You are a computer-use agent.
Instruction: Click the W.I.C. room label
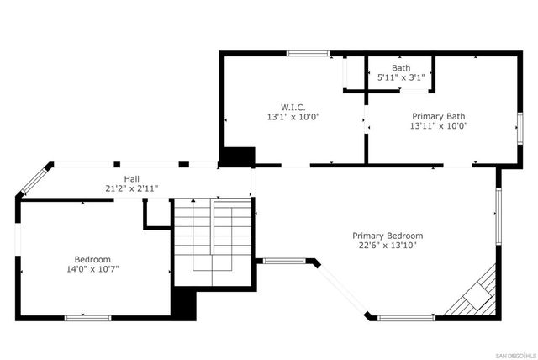(x=293, y=107)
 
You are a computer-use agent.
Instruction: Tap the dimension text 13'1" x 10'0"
(x=293, y=117)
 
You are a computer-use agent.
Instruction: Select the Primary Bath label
(x=438, y=116)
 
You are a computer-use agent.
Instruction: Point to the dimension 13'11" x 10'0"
(x=438, y=126)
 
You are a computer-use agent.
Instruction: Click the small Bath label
(x=401, y=67)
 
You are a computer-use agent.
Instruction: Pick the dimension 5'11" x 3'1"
(x=401, y=77)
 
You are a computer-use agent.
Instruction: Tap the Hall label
(x=132, y=178)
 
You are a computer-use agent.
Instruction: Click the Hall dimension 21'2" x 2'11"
(x=132, y=188)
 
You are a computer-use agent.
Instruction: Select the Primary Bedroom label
(x=387, y=236)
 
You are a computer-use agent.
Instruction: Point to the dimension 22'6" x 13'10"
(x=387, y=246)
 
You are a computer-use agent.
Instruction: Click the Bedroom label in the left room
(x=92, y=259)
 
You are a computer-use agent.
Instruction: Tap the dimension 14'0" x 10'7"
(x=92, y=269)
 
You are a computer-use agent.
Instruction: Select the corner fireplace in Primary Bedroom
(x=476, y=294)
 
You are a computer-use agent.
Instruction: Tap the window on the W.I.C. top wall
(x=307, y=54)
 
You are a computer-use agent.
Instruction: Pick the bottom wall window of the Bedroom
(x=88, y=317)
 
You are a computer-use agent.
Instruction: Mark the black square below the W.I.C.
(x=238, y=157)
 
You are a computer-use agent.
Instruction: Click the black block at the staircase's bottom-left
(x=183, y=301)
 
